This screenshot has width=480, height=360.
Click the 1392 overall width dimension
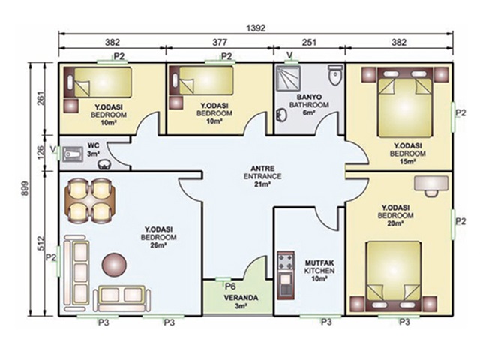coord(256,28)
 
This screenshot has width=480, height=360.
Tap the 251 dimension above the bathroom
coord(309,42)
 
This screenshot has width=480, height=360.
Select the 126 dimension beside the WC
coord(41,152)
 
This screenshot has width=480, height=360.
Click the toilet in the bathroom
coord(335,74)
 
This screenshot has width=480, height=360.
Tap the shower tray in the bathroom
coord(287,77)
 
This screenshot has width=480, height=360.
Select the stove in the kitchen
coord(286,262)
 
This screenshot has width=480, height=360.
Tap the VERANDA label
coord(241,298)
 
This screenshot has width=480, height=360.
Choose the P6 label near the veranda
coord(230,286)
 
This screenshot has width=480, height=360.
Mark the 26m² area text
coord(158,245)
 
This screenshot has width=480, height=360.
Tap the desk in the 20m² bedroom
coord(430,186)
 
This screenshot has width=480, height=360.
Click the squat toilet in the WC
coord(72,154)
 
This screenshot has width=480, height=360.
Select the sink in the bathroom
coord(281,115)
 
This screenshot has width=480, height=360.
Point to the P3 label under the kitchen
coord(327,322)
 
